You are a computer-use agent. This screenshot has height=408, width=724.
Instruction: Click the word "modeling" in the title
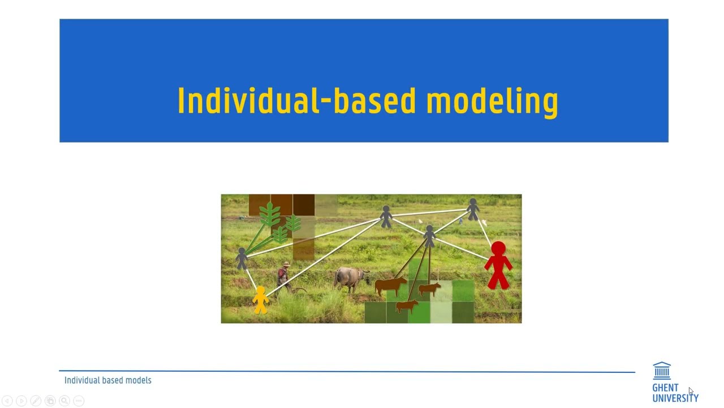click(x=492, y=101)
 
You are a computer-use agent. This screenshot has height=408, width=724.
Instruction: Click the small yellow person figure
click(x=260, y=300)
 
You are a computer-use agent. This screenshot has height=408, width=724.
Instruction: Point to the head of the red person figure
click(x=498, y=249)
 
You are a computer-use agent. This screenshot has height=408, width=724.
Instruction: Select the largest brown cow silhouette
click(x=390, y=285)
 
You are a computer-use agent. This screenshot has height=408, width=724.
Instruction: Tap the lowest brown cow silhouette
click(x=407, y=307)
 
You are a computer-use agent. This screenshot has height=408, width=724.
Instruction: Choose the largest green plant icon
click(x=270, y=215)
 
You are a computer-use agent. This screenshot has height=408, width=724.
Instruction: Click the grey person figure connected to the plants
click(x=242, y=258)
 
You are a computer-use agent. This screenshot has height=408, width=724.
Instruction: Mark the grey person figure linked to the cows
click(x=429, y=235)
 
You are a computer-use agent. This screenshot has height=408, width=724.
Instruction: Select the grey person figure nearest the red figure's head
click(x=473, y=209)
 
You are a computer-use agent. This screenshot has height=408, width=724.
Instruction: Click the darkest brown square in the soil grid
click(x=304, y=205)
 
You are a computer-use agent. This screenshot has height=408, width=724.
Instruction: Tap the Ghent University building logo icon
click(x=662, y=371)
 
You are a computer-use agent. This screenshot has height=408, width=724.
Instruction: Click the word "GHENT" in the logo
click(x=665, y=388)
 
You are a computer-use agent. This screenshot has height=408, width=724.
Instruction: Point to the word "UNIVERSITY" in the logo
click(x=675, y=398)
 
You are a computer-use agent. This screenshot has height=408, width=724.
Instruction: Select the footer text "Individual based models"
click(x=108, y=380)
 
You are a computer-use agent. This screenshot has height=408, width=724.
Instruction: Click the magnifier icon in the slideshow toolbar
click(x=64, y=401)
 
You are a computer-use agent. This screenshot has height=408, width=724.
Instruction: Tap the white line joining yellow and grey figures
click(x=251, y=278)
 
